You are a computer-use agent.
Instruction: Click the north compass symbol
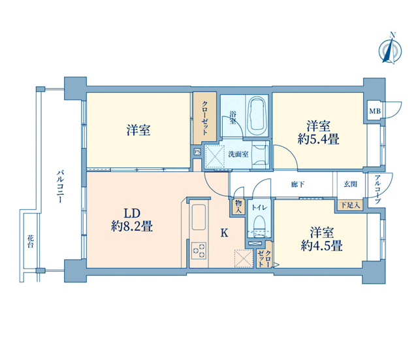tap(391, 51)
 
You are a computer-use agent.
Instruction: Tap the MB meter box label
tap(374, 111)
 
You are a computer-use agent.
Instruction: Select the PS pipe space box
tap(197, 152)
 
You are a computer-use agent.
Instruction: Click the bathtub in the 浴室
tap(257, 116)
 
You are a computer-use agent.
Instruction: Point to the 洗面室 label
tap(238, 154)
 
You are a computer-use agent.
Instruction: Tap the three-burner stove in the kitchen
tap(199, 250)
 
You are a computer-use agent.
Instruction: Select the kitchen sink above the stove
tap(199, 217)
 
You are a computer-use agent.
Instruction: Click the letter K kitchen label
tap(224, 233)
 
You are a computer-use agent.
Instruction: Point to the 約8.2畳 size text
tap(132, 227)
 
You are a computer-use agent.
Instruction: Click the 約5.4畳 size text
tap(318, 139)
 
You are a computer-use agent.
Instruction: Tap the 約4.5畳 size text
tap(321, 246)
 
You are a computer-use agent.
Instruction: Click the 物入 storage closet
tap(238, 206)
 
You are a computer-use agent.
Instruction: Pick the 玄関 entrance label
tap(350, 184)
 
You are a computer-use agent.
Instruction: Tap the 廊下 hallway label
tap(298, 184)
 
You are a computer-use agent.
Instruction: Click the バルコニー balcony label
tap(60, 186)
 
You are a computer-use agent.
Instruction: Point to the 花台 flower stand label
tap(31, 241)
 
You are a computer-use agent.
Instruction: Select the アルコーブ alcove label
tap(378, 189)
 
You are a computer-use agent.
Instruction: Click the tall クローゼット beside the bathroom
tap(204, 116)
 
